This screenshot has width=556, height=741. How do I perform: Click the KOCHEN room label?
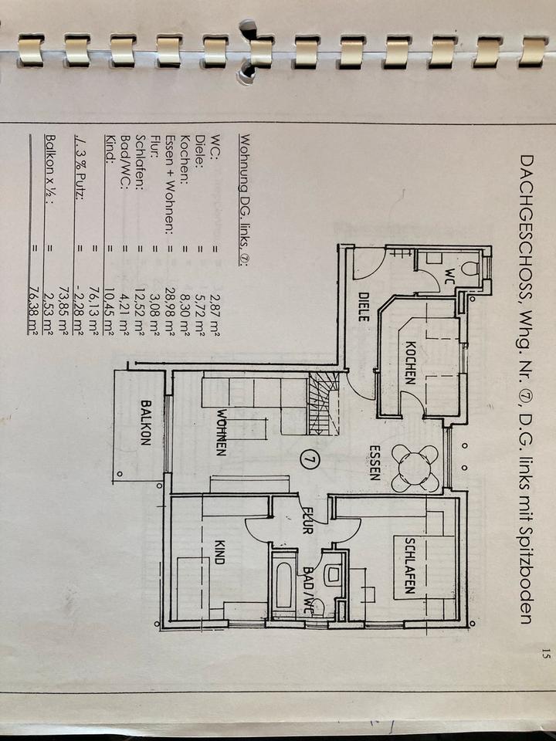(409, 362)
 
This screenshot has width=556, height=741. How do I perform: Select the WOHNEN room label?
(222, 431)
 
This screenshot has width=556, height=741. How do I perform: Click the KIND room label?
(219, 552)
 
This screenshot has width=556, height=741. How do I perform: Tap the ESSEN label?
(375, 463)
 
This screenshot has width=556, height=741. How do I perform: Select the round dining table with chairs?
(415, 468)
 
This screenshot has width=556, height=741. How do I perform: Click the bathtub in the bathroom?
(283, 584)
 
